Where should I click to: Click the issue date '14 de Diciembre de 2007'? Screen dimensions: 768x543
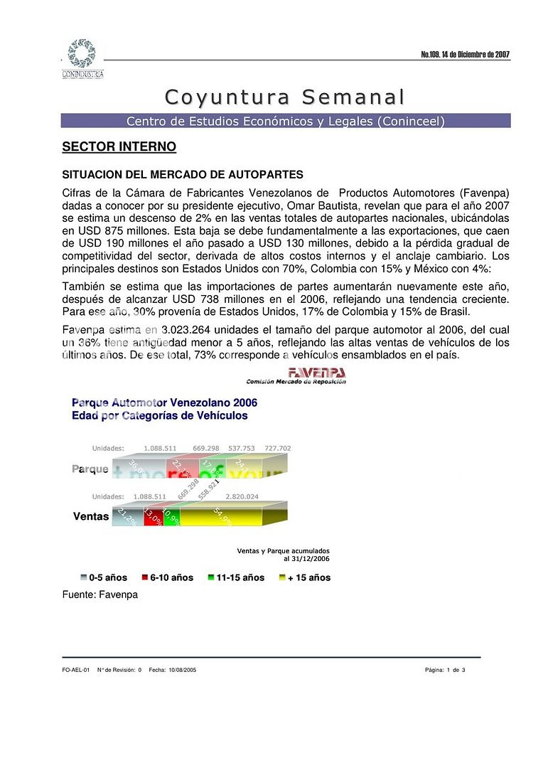click(x=476, y=55)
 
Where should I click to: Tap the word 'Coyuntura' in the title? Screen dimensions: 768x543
click(x=227, y=97)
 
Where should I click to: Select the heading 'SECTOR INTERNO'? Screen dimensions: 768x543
click(x=119, y=147)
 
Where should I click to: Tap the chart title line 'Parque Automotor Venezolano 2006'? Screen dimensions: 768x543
click(x=164, y=402)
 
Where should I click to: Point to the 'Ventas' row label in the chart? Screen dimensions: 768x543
click(x=90, y=517)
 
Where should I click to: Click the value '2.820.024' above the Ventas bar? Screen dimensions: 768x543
click(x=242, y=496)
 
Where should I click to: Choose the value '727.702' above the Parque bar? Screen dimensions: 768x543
click(x=277, y=449)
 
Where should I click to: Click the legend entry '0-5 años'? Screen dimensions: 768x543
click(x=104, y=577)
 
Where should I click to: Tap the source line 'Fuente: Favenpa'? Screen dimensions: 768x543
click(x=100, y=594)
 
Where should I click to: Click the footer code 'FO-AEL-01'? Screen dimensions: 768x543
click(x=75, y=670)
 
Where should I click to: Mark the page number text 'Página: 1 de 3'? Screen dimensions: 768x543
click(x=445, y=670)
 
